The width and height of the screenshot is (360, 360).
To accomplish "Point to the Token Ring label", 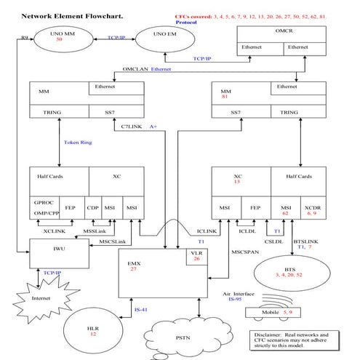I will (x=78, y=143).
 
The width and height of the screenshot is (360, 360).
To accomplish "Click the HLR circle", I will (x=93, y=329).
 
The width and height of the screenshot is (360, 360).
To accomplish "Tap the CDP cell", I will (x=93, y=207).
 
